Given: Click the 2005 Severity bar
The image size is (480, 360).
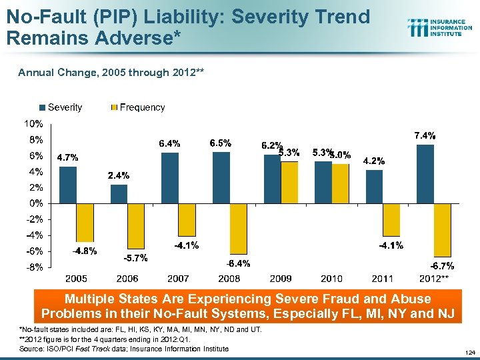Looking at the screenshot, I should pyautogui.click(x=67, y=185).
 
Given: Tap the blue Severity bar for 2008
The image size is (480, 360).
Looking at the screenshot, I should pyautogui.click(x=221, y=177).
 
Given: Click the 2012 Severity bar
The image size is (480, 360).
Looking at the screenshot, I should pyautogui.click(x=425, y=173).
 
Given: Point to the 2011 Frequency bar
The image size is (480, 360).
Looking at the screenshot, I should pyautogui.click(x=391, y=219).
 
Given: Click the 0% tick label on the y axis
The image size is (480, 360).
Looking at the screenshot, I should pyautogui.click(x=35, y=203).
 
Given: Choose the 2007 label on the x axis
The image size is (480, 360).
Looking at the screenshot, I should pyautogui.click(x=178, y=278).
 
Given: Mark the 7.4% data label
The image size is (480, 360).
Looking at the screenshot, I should pyautogui.click(x=425, y=135).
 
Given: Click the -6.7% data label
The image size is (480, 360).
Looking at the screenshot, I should pyautogui.click(x=441, y=266).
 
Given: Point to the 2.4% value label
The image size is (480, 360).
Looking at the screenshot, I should pyautogui.click(x=119, y=176).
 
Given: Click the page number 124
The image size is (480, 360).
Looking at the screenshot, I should pyautogui.click(x=470, y=352).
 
